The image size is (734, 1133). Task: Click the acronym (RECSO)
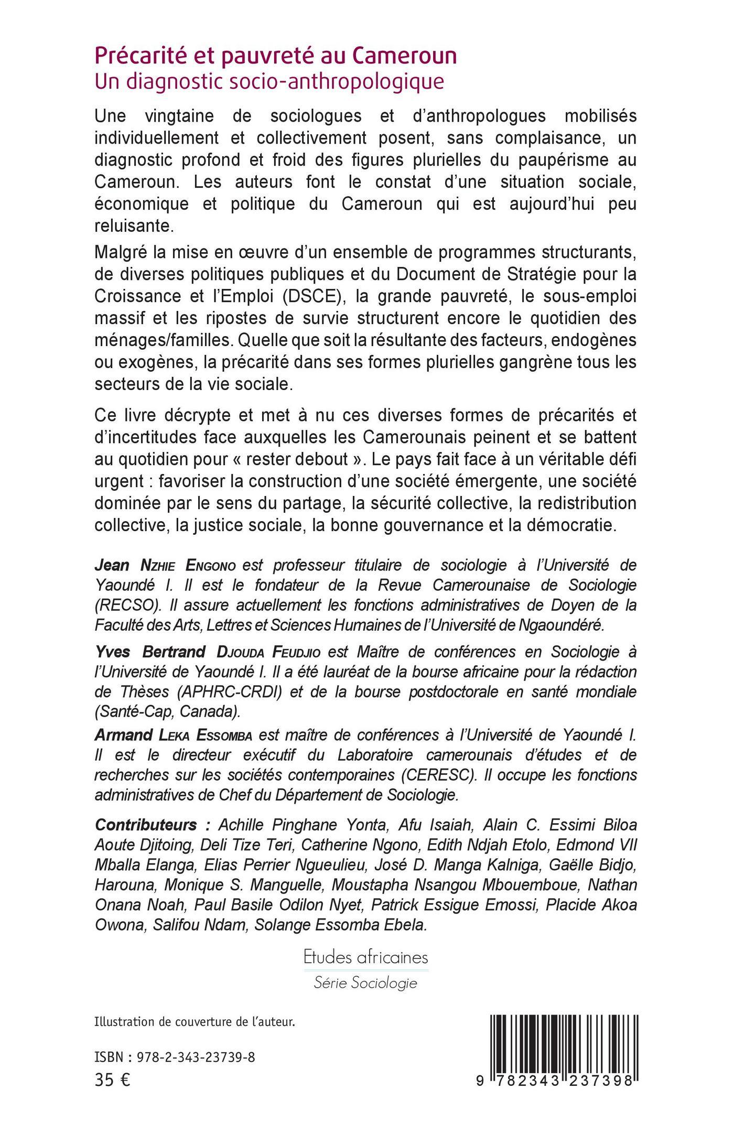pos(128,605)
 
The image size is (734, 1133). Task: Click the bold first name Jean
pos(112,565)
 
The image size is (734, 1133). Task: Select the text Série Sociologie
pos(365,983)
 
